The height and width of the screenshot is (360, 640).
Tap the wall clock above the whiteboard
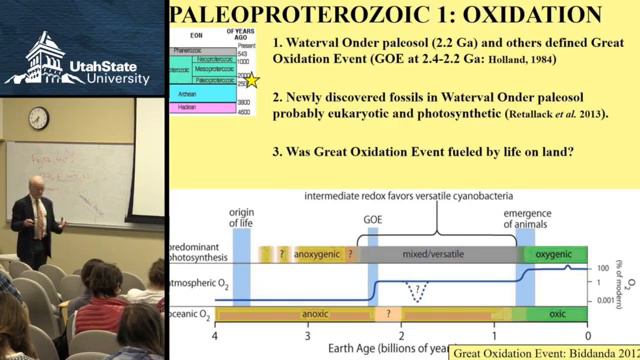38,118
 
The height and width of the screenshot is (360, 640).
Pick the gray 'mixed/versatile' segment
435,254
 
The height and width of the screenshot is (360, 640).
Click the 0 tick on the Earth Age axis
588,336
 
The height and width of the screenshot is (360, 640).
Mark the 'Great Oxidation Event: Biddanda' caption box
543,352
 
